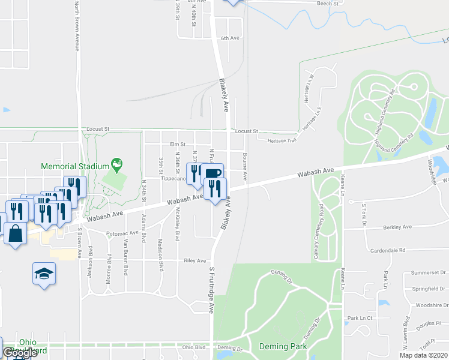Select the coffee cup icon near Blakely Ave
[x=213, y=173]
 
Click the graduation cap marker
[x=44, y=274]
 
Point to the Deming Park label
[x=283, y=347]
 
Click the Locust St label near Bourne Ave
[x=246, y=131]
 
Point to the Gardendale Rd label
[x=388, y=250]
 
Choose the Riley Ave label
[x=195, y=261]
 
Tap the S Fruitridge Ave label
[x=211, y=290]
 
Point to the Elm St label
[x=178, y=145]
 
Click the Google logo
[x=20, y=353]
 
